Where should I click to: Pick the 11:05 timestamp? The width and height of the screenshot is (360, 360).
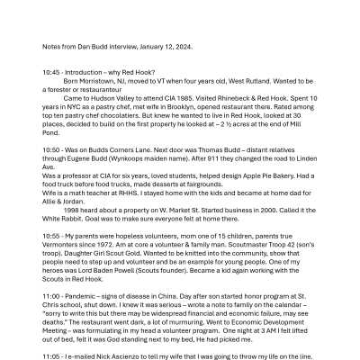pyautogui.click(x=51, y=355)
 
